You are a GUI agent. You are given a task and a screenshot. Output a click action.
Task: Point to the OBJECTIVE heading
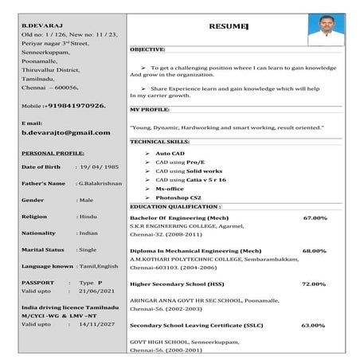click(x=147, y=49)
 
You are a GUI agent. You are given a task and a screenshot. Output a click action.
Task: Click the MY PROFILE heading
click(x=150, y=109)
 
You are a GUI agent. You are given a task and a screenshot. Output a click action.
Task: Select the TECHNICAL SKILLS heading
click(x=159, y=141)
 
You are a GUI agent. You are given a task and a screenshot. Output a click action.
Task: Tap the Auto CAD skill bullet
click(x=170, y=152)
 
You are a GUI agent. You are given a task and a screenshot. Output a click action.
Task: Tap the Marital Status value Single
click(x=88, y=249)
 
